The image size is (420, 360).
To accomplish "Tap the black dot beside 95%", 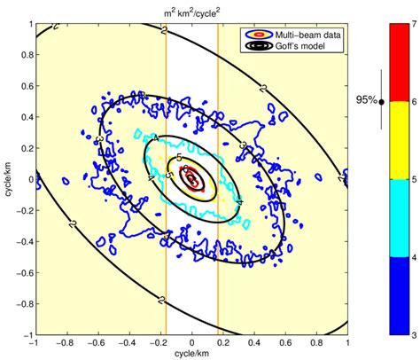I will point(381,102).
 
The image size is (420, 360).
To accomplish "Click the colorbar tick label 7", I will point(414,24).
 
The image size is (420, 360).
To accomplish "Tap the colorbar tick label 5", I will point(414,180).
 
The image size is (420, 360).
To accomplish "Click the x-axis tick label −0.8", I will point(66,341).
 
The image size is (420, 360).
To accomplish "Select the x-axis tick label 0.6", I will point(285,341).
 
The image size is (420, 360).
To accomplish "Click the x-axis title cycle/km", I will point(191,353).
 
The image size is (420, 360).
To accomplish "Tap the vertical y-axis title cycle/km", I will point(6,178).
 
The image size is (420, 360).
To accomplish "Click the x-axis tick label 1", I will point(346,341).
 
